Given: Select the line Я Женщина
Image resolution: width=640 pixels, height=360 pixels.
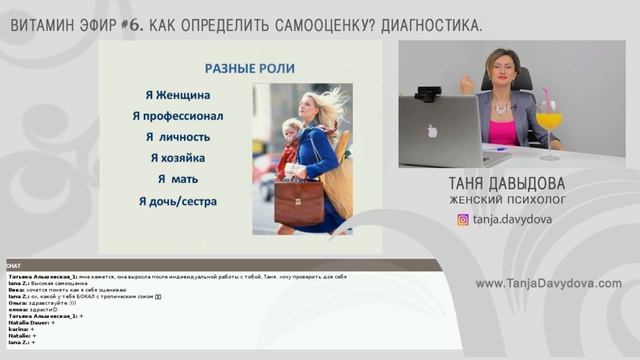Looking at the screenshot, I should click(x=177, y=96).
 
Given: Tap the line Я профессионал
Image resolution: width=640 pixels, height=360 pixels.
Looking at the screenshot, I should click(x=177, y=116).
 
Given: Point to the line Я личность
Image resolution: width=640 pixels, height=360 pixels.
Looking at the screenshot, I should click(x=177, y=137).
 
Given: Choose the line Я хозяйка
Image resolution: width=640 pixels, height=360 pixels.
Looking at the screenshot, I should click(x=177, y=158).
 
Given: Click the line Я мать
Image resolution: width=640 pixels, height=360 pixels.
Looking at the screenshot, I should click(x=177, y=179).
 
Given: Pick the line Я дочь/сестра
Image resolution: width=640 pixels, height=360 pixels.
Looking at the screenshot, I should click(x=177, y=201).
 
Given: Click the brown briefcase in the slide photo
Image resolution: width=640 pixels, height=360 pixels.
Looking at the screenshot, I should click(x=298, y=202).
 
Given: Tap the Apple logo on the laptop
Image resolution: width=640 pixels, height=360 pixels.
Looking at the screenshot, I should click(x=432, y=131).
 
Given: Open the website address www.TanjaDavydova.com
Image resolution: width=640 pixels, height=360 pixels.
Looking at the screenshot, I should click(x=548, y=283).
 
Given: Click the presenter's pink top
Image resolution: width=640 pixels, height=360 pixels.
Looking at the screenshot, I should click(x=503, y=131).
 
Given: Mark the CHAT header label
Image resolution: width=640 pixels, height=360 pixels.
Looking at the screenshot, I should click(x=14, y=267).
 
